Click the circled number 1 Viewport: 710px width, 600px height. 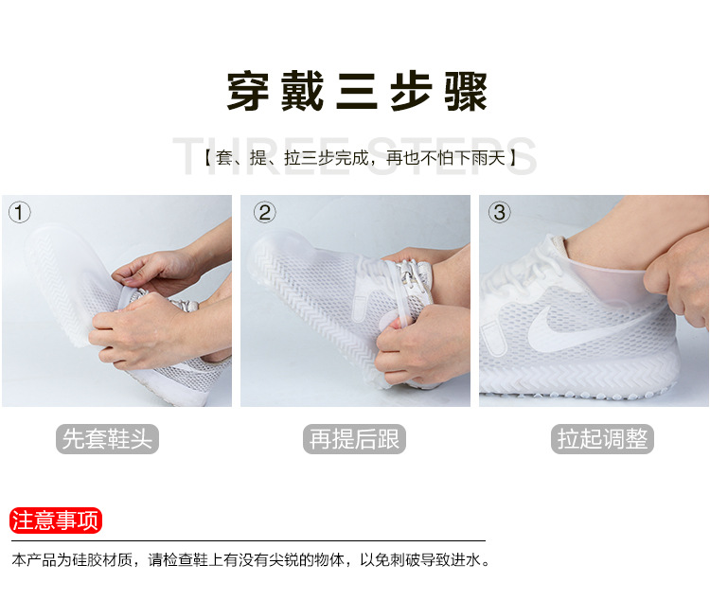[x=20, y=212]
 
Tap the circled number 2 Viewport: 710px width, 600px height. [x=265, y=212]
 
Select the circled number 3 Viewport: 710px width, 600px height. [x=500, y=212]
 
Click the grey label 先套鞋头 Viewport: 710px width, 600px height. [x=107, y=439]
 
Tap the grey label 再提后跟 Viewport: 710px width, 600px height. [x=354, y=439]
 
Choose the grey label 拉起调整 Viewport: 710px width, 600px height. [x=602, y=439]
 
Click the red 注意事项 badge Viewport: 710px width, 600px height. [x=56, y=521]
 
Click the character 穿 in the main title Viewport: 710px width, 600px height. [x=248, y=92]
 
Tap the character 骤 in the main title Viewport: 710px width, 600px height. [x=466, y=92]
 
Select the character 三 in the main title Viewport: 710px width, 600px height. [x=357, y=92]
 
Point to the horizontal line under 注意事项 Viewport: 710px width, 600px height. [x=248, y=540]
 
